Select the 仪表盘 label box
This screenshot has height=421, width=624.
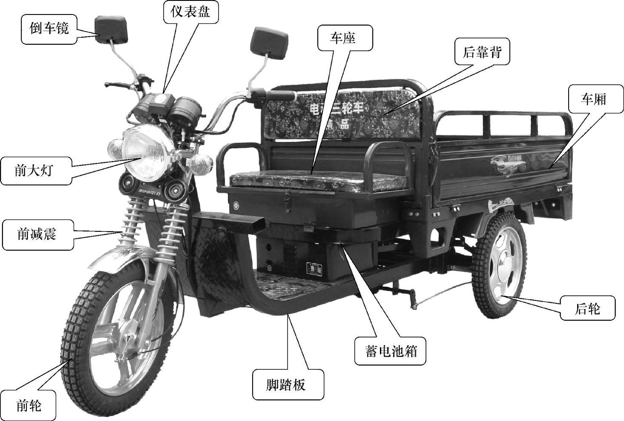(x=190, y=12)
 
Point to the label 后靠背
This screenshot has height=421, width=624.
(x=482, y=52)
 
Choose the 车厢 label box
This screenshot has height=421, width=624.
(x=593, y=99)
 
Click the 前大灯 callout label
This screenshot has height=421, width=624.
(x=35, y=171)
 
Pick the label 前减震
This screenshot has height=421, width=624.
(x=37, y=234)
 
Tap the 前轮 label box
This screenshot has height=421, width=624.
(x=29, y=405)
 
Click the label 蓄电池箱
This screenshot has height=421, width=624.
(x=390, y=352)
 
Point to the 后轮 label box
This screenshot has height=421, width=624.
(x=588, y=308)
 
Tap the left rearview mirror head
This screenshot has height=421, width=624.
(x=111, y=29)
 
